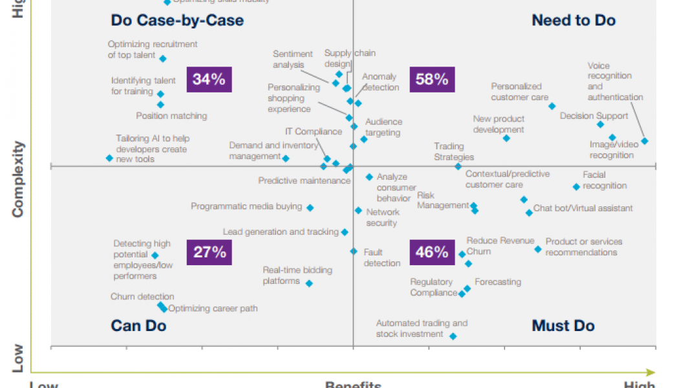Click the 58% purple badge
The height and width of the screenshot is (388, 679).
[x=432, y=80]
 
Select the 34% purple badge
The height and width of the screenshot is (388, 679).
[x=209, y=80]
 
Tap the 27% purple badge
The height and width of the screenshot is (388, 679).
[x=209, y=252]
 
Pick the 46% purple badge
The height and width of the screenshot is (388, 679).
[x=432, y=252]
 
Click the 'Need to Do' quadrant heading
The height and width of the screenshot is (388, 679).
[x=573, y=21]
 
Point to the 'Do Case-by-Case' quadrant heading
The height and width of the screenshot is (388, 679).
[x=177, y=21]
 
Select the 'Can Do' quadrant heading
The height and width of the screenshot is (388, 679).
[x=138, y=325]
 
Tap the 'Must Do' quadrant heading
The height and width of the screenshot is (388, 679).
[x=563, y=325]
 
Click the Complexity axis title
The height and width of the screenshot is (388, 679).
[x=18, y=179]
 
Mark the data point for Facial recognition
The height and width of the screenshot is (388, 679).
[x=576, y=187]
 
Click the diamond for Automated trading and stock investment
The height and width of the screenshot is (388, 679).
[x=453, y=336]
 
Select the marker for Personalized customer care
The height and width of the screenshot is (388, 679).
[x=552, y=106]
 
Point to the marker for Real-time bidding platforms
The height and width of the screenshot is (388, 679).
[x=309, y=283]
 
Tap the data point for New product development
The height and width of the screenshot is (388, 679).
[x=506, y=138]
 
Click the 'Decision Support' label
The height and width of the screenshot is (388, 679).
[x=594, y=116]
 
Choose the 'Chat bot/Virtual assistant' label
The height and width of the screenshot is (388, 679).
[x=583, y=208]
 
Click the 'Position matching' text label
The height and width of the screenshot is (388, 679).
[x=171, y=116]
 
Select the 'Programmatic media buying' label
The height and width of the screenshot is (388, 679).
[x=246, y=206]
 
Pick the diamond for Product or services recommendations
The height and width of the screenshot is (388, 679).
[x=537, y=249]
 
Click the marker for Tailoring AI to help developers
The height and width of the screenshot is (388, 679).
[x=109, y=158]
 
